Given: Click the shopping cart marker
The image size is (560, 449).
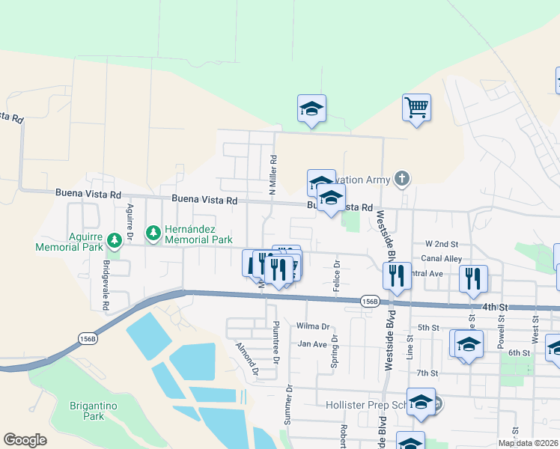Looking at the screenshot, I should tap(416, 106).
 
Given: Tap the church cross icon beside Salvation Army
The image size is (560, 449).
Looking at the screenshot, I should tap(402, 178).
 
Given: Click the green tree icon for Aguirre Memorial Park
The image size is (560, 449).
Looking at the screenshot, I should tap(115, 240).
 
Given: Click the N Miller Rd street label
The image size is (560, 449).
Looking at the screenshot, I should tap(274, 171).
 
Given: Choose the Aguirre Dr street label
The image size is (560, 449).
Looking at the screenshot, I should tap(130, 222).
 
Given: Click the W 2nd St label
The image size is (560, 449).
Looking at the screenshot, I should tap(441, 244).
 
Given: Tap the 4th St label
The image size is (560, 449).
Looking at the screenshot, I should tap(495, 307).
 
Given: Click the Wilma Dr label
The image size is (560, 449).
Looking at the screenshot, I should tap(313, 326).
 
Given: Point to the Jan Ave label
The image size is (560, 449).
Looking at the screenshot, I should tap(312, 344).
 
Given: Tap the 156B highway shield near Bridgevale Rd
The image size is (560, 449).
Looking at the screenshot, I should tap(87, 339).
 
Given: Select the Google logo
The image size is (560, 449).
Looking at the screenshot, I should tap(25, 440).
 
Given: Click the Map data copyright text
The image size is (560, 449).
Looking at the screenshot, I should tap(527, 443).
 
